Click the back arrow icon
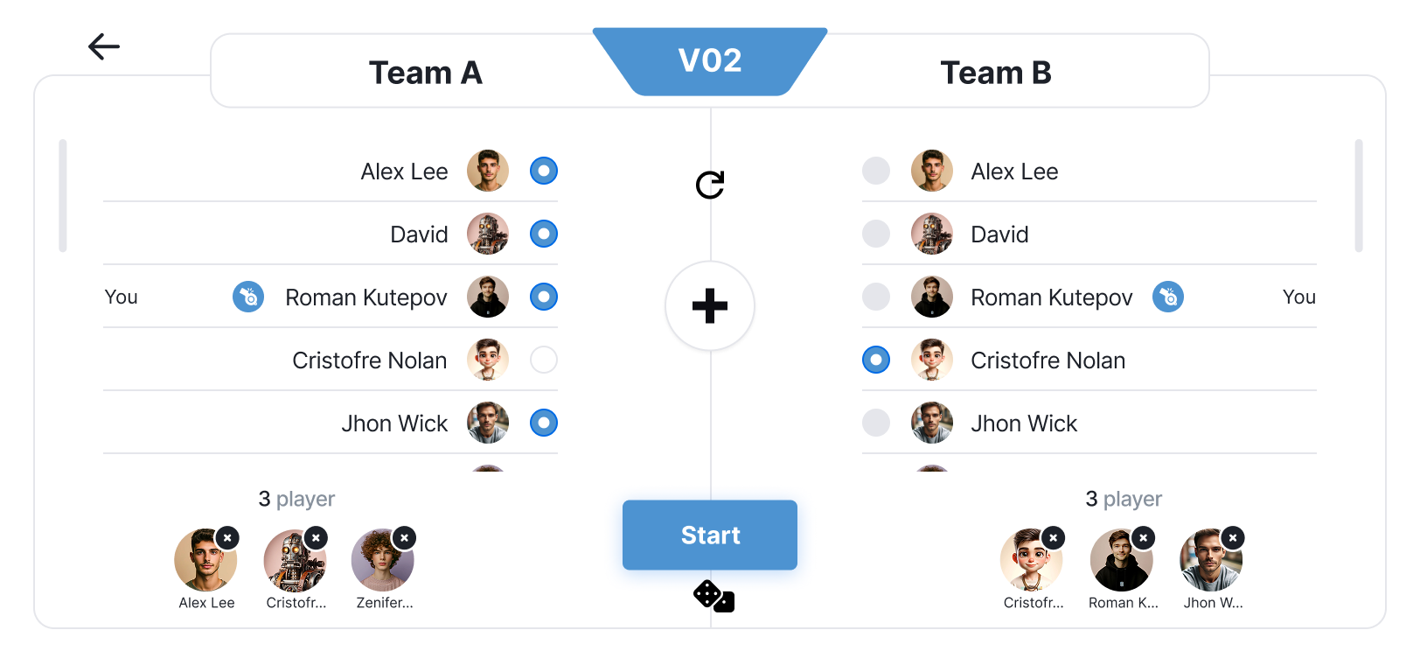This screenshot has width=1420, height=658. (103, 46)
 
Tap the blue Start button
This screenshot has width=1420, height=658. (709, 535)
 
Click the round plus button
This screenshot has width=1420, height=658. (709, 306)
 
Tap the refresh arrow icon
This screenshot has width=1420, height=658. (709, 185)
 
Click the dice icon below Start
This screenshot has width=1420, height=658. (713, 597)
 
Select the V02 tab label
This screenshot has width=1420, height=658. (709, 60)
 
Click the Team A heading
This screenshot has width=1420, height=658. (425, 73)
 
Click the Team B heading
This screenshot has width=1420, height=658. (995, 73)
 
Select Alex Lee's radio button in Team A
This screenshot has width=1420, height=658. (543, 171)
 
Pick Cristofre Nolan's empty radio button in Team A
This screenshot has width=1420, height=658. (543, 360)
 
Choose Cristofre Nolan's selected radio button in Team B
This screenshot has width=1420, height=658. (875, 360)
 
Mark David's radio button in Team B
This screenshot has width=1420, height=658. (875, 234)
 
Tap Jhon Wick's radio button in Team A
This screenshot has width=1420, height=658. (543, 423)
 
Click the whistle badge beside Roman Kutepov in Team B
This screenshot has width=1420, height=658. (1167, 297)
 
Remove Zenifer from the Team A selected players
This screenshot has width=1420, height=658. (404, 537)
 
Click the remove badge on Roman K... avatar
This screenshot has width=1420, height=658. (1143, 537)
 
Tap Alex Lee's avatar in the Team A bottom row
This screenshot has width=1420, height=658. (205, 561)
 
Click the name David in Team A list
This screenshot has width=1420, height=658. (419, 234)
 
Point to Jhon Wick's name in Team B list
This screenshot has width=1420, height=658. (1023, 423)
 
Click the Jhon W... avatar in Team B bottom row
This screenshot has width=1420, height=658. (1210, 561)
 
